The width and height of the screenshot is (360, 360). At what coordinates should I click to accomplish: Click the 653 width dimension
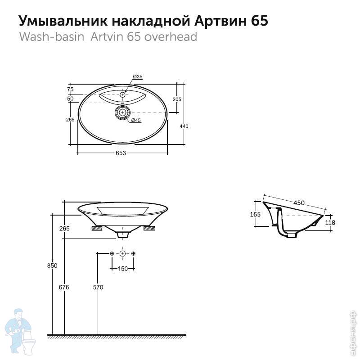coord(121,153)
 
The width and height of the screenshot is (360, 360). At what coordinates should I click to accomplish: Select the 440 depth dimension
coord(184,126)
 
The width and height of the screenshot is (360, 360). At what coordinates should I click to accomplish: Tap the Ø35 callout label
coord(138,77)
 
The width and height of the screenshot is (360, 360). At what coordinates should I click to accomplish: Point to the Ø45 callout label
coord(136,120)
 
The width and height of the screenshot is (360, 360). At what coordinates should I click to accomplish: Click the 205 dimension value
coord(176,99)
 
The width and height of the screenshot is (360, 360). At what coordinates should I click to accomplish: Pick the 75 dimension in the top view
coord(71,89)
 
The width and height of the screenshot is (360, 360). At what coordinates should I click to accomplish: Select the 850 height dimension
coord(52,265)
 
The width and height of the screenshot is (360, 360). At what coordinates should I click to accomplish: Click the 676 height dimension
coord(64,288)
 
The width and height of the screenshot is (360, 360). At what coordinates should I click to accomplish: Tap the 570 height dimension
coord(98,288)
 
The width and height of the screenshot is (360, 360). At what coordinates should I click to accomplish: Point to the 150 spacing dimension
coord(122,269)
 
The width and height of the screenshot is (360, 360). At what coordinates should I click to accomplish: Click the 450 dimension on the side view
coord(299,203)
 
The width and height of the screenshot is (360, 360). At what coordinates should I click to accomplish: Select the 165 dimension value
coord(255,215)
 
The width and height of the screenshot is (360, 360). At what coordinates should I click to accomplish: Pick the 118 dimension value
coord(330,223)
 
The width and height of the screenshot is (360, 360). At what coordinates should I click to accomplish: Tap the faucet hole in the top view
coord(123,95)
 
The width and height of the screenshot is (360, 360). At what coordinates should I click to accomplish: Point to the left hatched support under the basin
coord(97,229)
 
